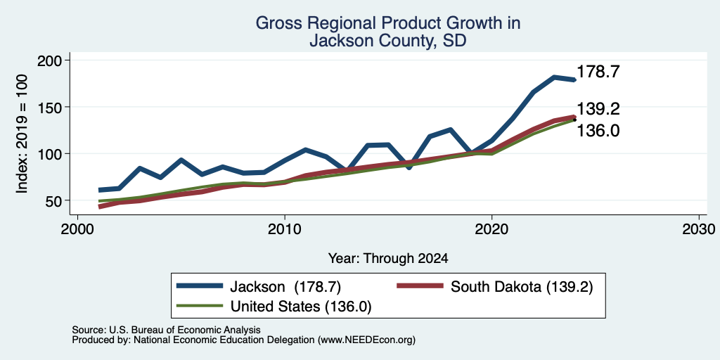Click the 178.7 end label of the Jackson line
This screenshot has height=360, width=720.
pyautogui.click(x=598, y=72)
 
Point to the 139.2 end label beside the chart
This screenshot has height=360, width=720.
pyautogui.click(x=598, y=109)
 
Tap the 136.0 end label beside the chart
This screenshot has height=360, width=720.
pyautogui.click(x=598, y=131)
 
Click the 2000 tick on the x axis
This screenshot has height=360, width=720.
pyautogui.click(x=77, y=229)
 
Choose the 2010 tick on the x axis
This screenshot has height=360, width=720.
pyautogui.click(x=285, y=229)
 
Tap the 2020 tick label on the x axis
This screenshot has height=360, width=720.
pyautogui.click(x=491, y=229)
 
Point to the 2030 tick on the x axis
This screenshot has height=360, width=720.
pyautogui.click(x=699, y=229)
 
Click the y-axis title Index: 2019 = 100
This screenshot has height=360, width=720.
pyautogui.click(x=22, y=134)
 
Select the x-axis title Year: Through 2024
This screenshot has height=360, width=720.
pyautogui.click(x=388, y=259)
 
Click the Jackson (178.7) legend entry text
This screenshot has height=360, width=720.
pyautogui.click(x=285, y=287)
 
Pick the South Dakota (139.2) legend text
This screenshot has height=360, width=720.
pyautogui.click(x=522, y=287)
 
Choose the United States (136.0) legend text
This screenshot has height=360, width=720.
pyautogui.click(x=301, y=307)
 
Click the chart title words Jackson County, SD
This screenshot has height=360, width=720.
pyautogui.click(x=388, y=41)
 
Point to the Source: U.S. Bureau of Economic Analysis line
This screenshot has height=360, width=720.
pyautogui.click(x=166, y=330)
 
